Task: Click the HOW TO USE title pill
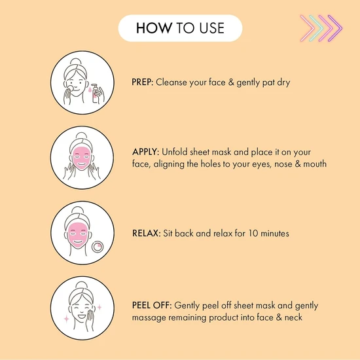coord(180,28)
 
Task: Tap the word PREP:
coord(142,82)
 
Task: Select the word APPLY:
coord(145,152)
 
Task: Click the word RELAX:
coord(146,233)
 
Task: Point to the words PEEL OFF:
coord(152,306)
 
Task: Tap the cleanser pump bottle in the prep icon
coord(96,94)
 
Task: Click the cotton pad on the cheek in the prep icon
coord(70,88)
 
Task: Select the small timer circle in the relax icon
coord(98,247)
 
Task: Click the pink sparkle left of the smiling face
coord(66,319)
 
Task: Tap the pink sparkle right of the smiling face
coord(99,307)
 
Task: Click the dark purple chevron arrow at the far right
coord(335,28)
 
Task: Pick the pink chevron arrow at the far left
coord(308,28)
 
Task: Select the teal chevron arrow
coord(317,28)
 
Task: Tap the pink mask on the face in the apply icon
coord(82,158)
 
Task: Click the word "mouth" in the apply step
coord(315,164)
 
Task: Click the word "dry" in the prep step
coord(283,82)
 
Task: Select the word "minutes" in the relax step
coord(275,233)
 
